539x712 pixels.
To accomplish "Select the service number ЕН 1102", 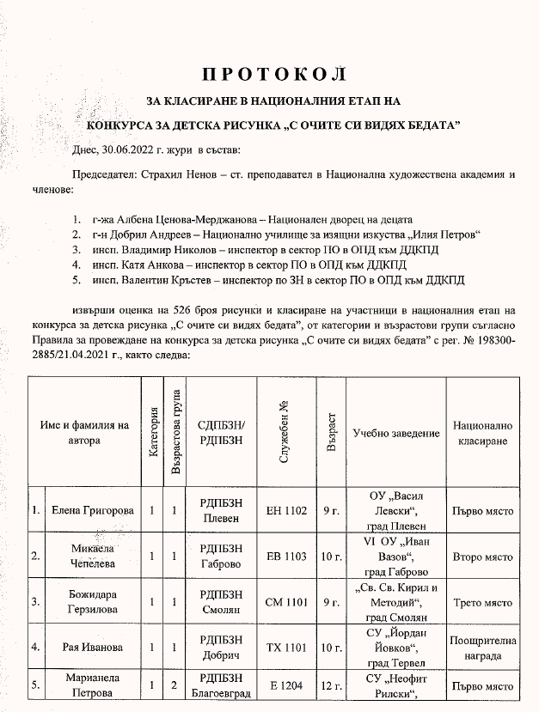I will tap(286, 510).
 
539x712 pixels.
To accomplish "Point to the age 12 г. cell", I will tap(332, 687).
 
